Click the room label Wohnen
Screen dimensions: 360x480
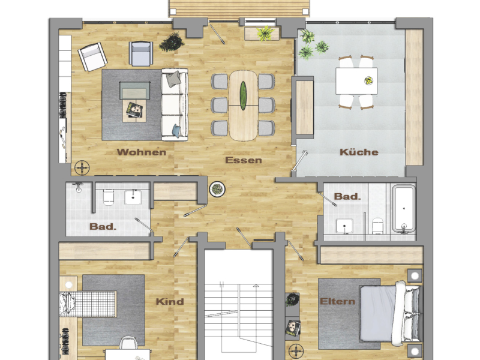point(142,152)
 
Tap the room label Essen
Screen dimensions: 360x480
point(244,160)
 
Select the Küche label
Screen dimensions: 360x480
point(359,152)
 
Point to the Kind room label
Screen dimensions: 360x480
point(170,301)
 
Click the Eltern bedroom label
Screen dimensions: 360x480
point(337,301)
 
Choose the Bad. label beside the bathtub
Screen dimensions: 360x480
point(347,196)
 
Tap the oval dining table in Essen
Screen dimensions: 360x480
point(243,105)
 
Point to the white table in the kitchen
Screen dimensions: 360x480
point(356,81)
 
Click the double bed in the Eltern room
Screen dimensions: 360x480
point(399,313)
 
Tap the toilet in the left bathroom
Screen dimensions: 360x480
point(109,196)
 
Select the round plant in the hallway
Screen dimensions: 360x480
point(216,190)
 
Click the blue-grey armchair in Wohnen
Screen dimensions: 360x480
point(142,53)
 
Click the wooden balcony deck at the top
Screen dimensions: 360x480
point(240,7)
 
